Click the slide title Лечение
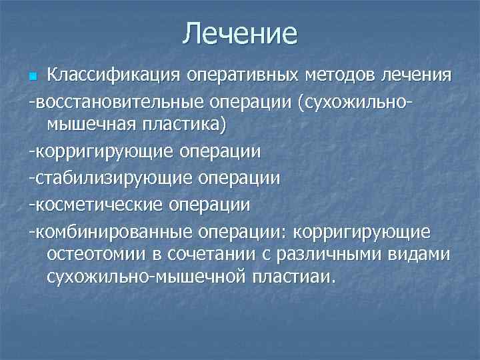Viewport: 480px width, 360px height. (x=240, y=33)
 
